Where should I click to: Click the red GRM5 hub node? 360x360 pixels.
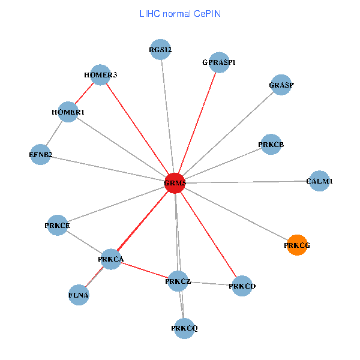click(x=175, y=183)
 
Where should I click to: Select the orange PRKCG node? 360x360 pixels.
click(x=297, y=245)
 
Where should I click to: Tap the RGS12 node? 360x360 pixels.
click(x=161, y=50)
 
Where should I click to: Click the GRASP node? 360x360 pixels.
click(x=281, y=85)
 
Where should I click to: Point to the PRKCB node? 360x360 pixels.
click(x=271, y=145)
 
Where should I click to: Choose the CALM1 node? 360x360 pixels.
click(x=319, y=181)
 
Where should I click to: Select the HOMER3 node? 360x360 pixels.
click(x=101, y=75)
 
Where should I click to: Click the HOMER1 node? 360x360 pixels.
click(x=68, y=112)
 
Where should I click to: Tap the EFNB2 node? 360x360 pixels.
click(x=40, y=155)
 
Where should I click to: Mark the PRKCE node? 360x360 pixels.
click(x=58, y=226)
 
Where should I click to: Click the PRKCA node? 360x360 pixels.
click(x=111, y=259)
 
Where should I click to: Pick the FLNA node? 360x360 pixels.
click(x=79, y=295)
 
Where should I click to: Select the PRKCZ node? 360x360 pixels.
click(x=178, y=281)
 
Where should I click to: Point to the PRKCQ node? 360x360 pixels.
click(x=184, y=328)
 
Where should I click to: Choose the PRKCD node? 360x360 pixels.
click(x=242, y=286)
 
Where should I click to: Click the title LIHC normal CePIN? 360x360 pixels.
click(x=180, y=13)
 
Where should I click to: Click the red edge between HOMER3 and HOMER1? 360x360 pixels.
click(x=85, y=94)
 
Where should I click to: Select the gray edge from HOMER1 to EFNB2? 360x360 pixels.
click(x=55, y=133)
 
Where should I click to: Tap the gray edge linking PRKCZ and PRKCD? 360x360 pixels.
click(x=210, y=284)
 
